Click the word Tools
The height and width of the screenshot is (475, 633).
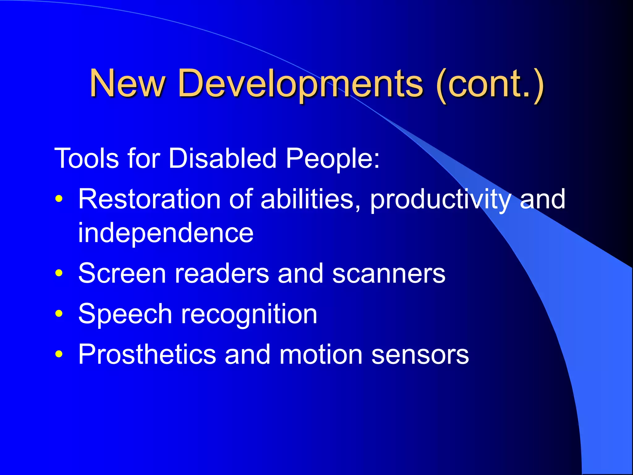click(86, 158)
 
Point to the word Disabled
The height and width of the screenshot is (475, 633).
click(222, 158)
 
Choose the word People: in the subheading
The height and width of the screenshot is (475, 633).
click(332, 159)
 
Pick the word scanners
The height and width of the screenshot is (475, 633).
click(389, 274)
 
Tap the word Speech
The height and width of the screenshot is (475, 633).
click(125, 314)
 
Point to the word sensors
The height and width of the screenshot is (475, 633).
click(420, 355)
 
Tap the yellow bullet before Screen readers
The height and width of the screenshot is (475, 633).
click(59, 273)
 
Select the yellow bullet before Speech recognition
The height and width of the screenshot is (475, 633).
click(59, 314)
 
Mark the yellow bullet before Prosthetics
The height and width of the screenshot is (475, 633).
click(59, 354)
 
